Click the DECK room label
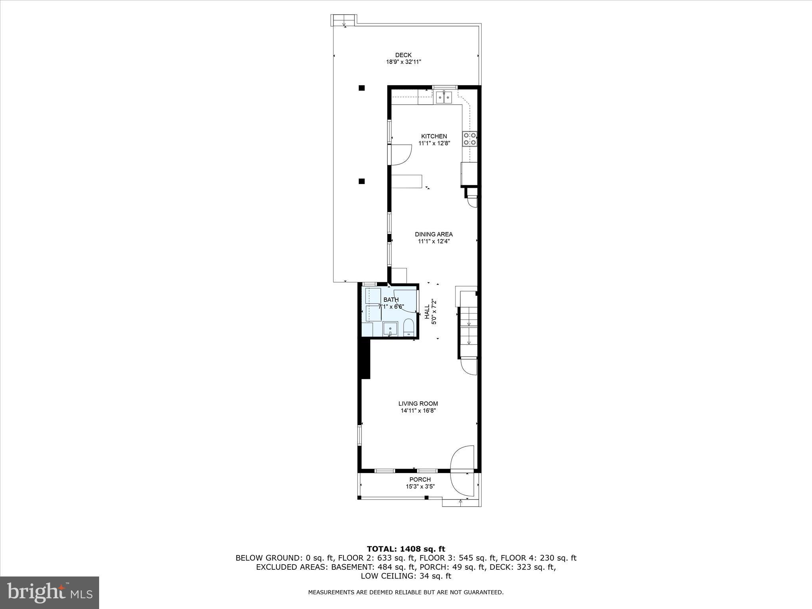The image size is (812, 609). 403,55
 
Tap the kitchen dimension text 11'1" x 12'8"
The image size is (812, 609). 434,143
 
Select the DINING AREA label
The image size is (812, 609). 434,234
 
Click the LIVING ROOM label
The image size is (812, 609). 418,404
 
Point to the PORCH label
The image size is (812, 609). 420,479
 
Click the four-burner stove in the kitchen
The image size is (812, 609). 470,139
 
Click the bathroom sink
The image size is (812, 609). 391,329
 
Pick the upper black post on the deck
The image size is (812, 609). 362,88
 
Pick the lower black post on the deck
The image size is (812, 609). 362,182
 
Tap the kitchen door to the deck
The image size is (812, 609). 400,155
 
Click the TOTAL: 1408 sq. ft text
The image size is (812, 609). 406,549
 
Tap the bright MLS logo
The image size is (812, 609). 50,592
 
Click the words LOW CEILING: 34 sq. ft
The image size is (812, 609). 406,576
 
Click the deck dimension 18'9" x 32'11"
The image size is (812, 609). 404,62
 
